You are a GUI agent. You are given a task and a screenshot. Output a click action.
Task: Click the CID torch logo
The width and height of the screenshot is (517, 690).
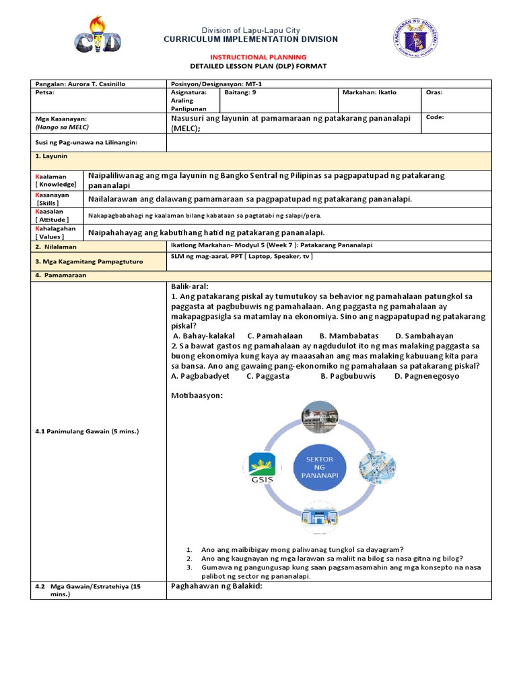98,35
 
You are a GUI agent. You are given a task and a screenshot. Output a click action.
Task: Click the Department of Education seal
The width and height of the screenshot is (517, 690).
415,38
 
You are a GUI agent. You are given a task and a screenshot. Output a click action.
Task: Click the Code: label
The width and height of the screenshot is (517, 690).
435,117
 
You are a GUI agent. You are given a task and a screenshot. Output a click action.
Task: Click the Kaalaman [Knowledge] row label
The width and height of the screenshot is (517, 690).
56,180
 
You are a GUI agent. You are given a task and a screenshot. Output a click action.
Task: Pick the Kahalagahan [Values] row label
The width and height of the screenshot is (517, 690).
56,232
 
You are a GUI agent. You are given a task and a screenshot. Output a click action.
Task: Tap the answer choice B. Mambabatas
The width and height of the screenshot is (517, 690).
349,336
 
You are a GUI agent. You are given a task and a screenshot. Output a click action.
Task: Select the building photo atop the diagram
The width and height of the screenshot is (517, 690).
320,418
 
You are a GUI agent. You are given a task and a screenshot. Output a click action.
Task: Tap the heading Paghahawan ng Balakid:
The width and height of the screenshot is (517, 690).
216,586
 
